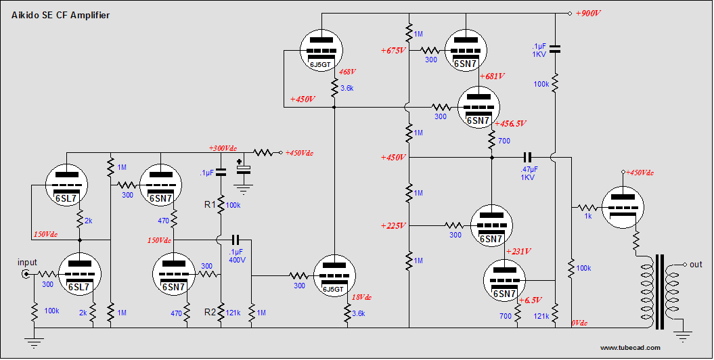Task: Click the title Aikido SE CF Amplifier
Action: coord(60,15)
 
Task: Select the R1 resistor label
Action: coord(210,204)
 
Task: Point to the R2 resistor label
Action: coord(210,312)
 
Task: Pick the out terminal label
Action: coord(696,265)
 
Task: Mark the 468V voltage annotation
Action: coord(347,71)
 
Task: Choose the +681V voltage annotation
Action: coord(492,76)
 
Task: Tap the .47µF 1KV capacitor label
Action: coord(529,173)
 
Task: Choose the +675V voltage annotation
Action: coord(393,50)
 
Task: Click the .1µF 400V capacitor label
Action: coord(237,256)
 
